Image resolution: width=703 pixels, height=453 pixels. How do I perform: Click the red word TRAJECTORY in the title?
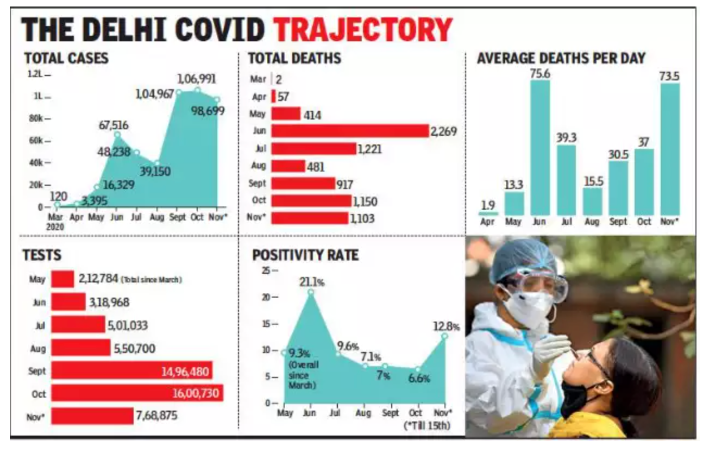click(362, 30)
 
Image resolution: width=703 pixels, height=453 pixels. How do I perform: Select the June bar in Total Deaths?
click(350, 131)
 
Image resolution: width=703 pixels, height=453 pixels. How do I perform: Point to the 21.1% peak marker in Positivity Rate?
click(311, 292)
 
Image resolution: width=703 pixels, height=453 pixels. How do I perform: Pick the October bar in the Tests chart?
click(137, 393)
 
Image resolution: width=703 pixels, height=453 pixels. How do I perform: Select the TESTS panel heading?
click(42, 255)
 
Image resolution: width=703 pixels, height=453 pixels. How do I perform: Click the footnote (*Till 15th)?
click(428, 425)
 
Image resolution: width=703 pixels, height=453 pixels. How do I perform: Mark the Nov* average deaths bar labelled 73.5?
click(670, 149)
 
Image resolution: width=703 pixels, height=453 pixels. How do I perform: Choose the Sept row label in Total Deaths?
click(258, 184)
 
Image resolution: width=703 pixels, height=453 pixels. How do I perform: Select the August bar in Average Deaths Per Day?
click(592, 202)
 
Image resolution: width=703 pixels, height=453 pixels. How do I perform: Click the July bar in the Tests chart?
click(78, 325)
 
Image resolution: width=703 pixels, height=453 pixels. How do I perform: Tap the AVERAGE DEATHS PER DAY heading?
click(561, 58)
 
